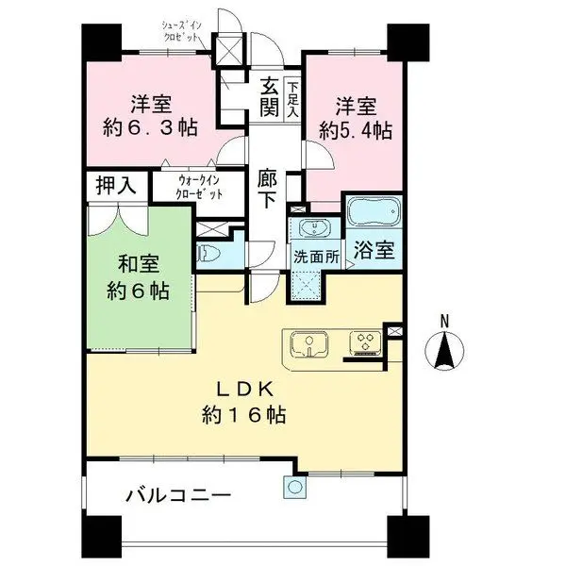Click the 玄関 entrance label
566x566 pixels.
click(269, 97)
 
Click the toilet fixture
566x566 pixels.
click(209, 254)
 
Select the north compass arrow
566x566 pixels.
click(445, 354)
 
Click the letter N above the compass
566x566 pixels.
click(445, 321)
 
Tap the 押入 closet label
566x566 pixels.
click(116, 186)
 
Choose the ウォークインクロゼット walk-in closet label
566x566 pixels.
click(200, 186)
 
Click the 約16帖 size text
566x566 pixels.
click(244, 412)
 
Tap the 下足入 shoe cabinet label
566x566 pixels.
click(292, 96)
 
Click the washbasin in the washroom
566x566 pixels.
click(312, 230)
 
